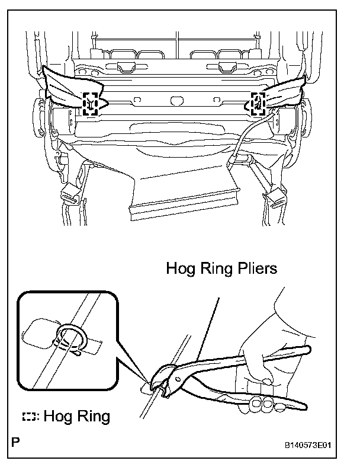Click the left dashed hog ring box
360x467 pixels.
(x=91, y=103)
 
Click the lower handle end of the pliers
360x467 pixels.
(x=302, y=405)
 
